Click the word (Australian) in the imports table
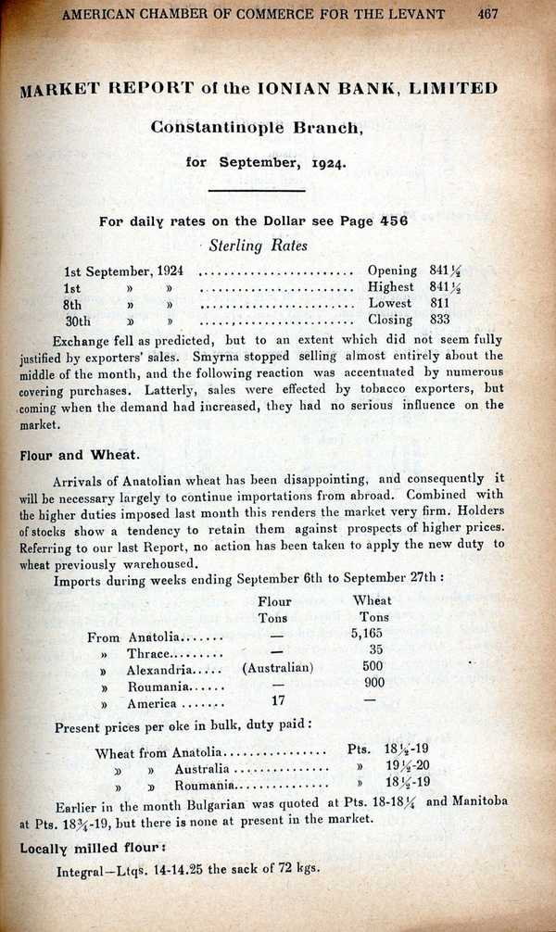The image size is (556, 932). click(x=277, y=668)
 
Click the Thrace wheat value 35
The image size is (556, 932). click(x=374, y=650)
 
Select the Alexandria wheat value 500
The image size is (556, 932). click(x=373, y=668)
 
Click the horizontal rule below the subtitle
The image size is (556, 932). click(x=257, y=191)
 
